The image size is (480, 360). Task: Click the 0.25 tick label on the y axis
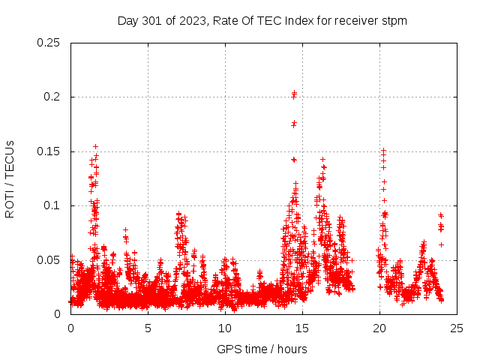(49, 43)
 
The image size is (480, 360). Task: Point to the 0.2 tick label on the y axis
(52, 97)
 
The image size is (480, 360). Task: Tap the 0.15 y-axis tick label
(49, 151)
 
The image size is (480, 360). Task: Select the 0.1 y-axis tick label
(52, 205)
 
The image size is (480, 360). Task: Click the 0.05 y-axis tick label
(49, 260)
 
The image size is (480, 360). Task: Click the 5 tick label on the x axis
(148, 328)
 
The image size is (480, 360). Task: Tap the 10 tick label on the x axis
(225, 328)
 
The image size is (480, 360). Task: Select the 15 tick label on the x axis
(302, 328)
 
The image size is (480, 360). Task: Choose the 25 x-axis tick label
(457, 328)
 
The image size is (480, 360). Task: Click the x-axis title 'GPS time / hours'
(262, 349)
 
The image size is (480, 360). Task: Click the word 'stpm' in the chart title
(394, 21)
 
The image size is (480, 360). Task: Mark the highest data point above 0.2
(295, 92)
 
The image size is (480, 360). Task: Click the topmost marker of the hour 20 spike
(383, 150)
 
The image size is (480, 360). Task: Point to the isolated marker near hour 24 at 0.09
(441, 215)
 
